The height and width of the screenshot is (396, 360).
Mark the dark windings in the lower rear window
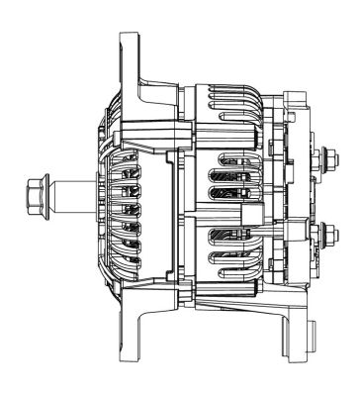[222, 243]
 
